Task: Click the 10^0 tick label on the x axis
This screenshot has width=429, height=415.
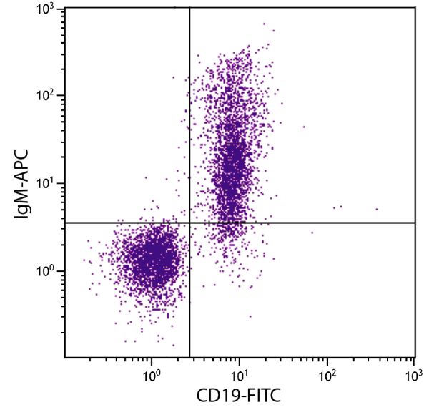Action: click(152, 374)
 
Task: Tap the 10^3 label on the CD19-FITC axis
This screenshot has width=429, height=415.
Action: click(414, 374)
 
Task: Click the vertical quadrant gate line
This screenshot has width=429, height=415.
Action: click(189, 107)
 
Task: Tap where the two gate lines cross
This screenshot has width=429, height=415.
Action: click(189, 223)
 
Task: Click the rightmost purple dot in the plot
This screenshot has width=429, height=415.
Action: click(377, 210)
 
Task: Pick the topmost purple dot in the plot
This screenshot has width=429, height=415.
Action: click(264, 24)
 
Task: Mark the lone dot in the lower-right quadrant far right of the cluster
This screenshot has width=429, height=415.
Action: click(312, 232)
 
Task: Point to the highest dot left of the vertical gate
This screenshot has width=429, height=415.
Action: click(173, 77)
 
